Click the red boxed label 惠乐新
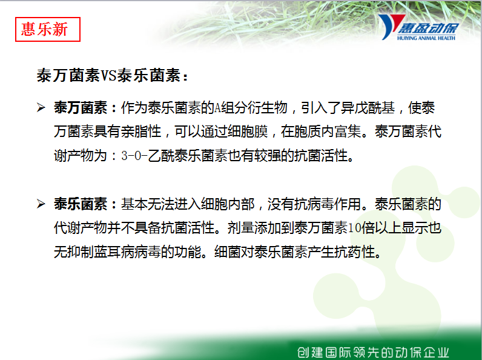[48, 29]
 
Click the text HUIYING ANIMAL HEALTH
[426, 38]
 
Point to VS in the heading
[109, 75]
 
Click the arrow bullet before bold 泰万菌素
[41, 108]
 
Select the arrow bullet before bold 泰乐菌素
[41, 204]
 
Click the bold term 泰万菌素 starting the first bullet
[81, 108]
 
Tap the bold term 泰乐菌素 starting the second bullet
[81, 204]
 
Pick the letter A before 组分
[217, 108]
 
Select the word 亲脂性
[141, 132]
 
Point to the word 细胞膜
[248, 132]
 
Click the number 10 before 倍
[354, 228]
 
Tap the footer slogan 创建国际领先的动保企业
[373, 352]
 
